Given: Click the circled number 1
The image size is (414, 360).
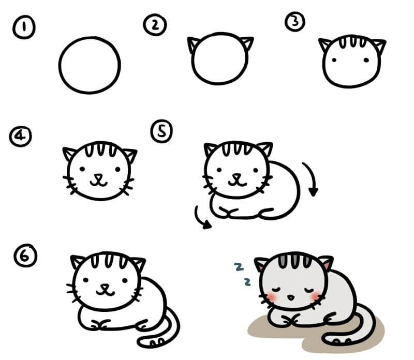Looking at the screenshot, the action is [24, 27].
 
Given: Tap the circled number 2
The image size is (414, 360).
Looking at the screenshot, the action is [155, 25].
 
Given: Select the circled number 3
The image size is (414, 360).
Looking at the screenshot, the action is [295, 21].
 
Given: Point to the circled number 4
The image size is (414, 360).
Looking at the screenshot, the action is [21, 136].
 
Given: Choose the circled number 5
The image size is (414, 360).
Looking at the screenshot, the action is [161, 131].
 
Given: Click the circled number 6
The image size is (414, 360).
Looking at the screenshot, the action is [25, 256].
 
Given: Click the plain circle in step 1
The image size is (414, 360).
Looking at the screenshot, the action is [90, 37].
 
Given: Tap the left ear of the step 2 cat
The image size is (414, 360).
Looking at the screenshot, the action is [193, 44].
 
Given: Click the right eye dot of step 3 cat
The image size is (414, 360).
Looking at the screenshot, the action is [366, 60].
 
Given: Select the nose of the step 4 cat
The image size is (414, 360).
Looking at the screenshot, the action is [98, 176].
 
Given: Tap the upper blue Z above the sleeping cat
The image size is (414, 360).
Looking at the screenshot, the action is [239, 267].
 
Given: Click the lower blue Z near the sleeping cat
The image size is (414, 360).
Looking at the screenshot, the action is [247, 282].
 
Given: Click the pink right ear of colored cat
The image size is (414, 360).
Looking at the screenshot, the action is [327, 265].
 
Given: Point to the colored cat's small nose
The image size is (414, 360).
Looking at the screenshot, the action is [291, 297].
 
